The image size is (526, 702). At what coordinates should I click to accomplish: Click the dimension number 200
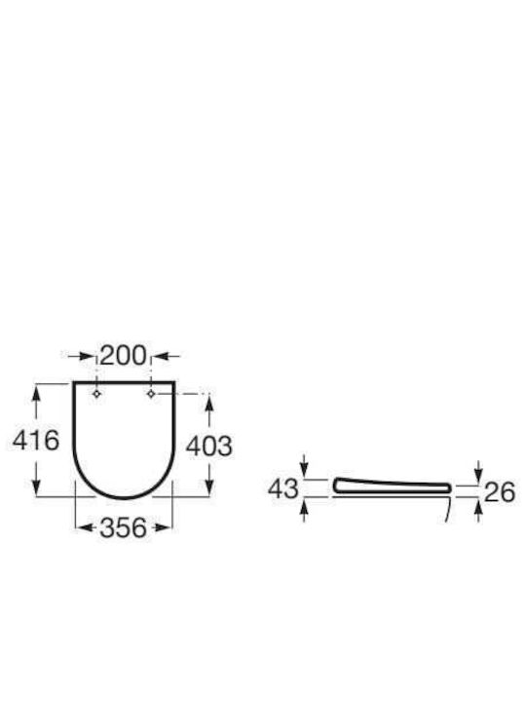(x=123, y=356)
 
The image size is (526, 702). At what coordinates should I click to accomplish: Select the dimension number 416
(x=36, y=440)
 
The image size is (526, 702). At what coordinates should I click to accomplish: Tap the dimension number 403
(x=209, y=447)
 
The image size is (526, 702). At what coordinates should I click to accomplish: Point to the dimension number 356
(x=124, y=527)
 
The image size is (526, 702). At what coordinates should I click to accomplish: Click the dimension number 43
(x=283, y=488)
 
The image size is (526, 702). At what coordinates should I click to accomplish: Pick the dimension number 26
(x=500, y=492)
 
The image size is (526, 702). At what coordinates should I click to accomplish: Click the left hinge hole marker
(x=96, y=394)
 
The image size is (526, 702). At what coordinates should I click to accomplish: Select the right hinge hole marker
(x=151, y=394)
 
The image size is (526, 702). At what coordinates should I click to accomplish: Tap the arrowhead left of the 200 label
(x=87, y=357)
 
